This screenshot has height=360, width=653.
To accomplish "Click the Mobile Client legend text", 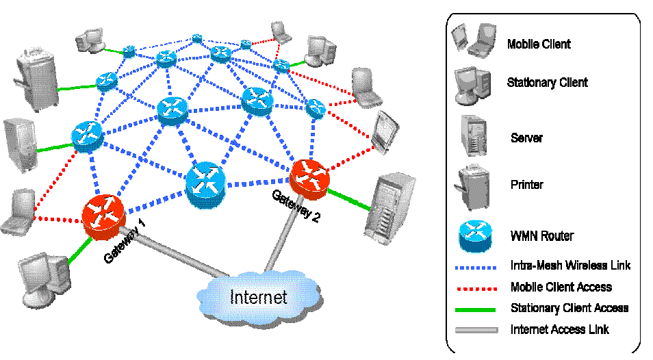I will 539,44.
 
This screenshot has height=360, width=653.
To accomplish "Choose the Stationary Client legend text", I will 547,83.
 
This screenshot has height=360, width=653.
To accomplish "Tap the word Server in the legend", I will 526,138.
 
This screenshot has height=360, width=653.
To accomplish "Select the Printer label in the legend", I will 527,185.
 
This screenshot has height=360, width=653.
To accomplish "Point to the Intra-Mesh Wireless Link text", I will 570,265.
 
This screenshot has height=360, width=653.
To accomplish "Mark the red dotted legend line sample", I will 476,287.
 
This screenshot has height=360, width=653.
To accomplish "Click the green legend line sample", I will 476,309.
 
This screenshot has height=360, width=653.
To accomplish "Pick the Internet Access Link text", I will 560,330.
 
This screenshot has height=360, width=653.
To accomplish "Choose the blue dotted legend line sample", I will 476,266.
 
